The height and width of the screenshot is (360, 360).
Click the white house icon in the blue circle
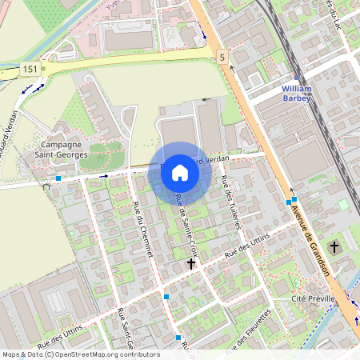180,173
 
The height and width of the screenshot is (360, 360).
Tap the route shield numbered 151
30,70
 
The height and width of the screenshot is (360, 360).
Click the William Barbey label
301,93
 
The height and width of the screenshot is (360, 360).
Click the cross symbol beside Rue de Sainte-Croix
191,262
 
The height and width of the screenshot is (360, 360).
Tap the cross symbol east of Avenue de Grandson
334,247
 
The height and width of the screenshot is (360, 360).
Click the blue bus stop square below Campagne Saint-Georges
58,178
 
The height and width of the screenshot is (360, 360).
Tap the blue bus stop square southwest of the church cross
166,297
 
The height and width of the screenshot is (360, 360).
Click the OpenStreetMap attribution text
80,354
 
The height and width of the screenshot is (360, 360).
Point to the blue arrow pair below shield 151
33,88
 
